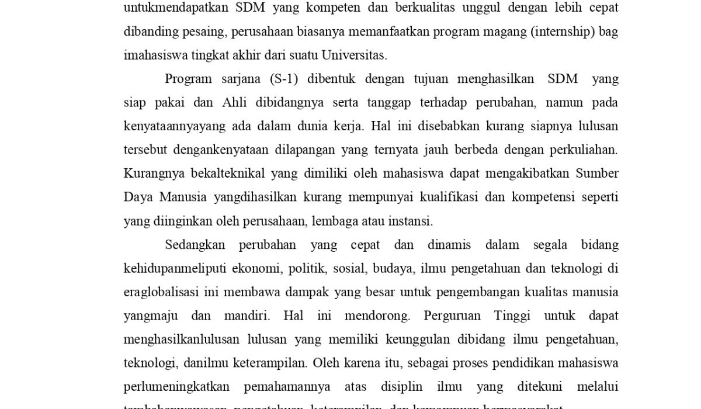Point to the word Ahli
tap(234, 103)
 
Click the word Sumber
tap(597, 174)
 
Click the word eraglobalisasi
tap(161, 292)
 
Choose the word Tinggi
tap(512, 316)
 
